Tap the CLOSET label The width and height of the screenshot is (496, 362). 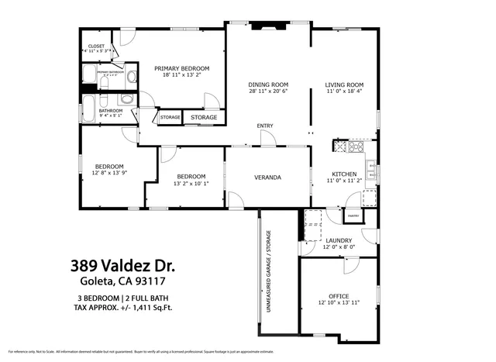[x=96, y=47]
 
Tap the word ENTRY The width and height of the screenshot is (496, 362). [x=265, y=126]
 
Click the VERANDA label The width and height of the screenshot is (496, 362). [x=267, y=178]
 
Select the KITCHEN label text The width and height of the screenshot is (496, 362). [x=344, y=174]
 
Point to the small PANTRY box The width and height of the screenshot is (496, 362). [x=353, y=215]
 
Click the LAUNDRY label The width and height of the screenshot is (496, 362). [x=339, y=241]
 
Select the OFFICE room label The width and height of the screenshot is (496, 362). [x=339, y=296]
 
